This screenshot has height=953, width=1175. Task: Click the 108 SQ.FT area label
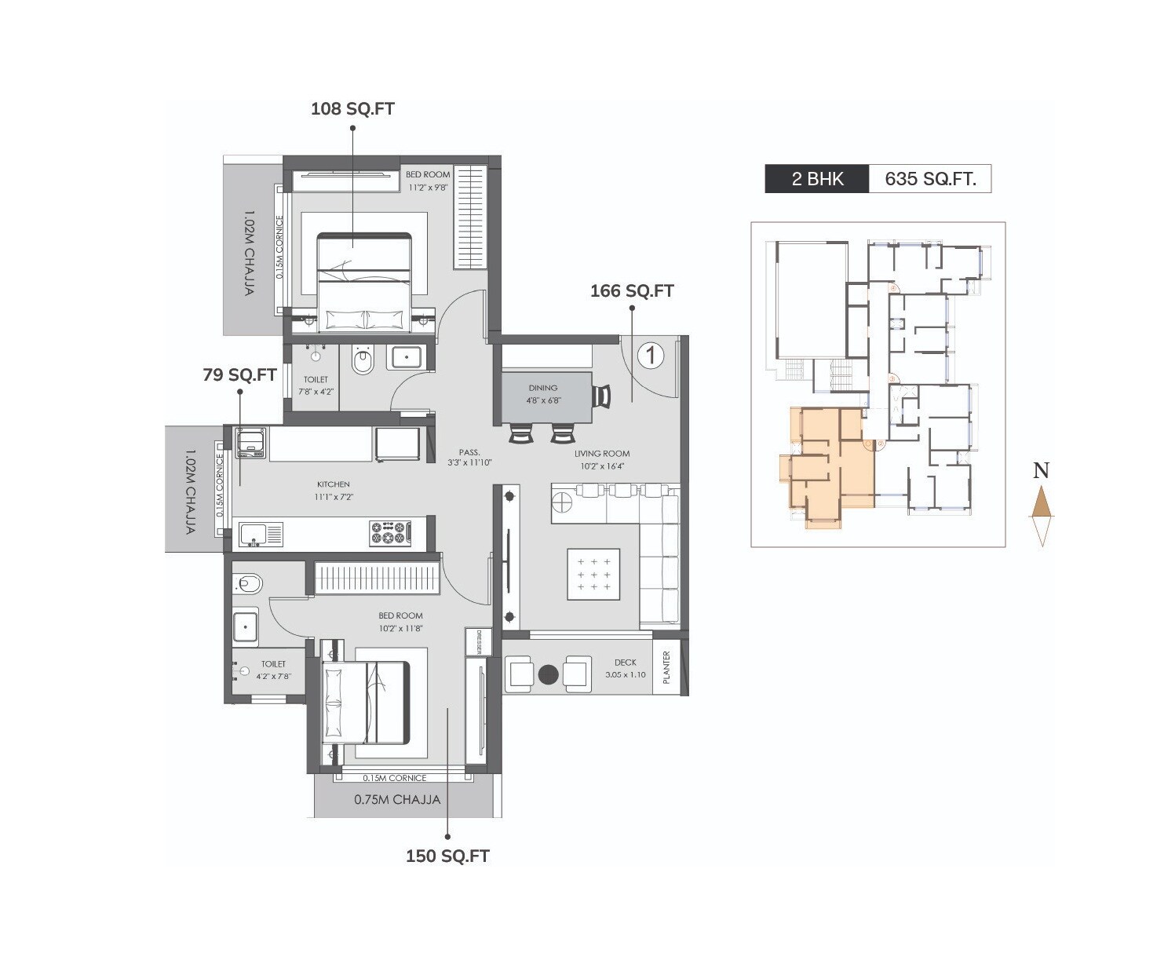[352, 109]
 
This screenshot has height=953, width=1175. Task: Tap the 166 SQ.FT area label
[632, 291]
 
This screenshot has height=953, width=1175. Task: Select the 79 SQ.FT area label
[239, 375]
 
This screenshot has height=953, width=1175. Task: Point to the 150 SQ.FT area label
[447, 856]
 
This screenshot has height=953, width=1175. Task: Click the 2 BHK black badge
[817, 179]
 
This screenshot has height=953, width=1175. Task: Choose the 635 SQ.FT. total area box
[930, 179]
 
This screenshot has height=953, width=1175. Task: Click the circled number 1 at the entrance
[650, 356]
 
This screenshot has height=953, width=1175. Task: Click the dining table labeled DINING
[543, 396]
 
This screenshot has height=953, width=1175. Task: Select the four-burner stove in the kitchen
[390, 533]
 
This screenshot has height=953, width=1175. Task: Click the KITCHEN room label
[333, 484]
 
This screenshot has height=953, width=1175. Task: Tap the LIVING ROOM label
[601, 454]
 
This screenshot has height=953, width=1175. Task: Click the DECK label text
[626, 663]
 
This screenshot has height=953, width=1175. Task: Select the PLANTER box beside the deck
[666, 668]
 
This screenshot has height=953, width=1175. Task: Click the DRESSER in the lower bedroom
[478, 641]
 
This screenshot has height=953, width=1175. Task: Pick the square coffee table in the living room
[593, 575]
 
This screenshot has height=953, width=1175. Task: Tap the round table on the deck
[549, 674]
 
